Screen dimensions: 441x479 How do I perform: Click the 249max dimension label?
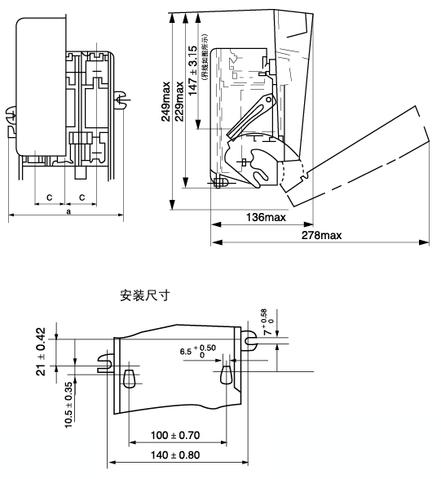(x=165, y=101)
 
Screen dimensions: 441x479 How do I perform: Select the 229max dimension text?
(x=179, y=101)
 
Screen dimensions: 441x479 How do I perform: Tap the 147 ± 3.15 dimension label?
(x=193, y=71)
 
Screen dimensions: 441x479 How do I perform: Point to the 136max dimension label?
(x=266, y=217)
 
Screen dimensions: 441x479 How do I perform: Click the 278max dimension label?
(x=321, y=235)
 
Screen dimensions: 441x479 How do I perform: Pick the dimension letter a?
(x=68, y=211)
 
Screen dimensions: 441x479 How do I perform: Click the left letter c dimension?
(x=49, y=197)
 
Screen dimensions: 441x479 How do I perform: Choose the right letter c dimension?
(x=82, y=197)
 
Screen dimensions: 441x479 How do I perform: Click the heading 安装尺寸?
(x=145, y=295)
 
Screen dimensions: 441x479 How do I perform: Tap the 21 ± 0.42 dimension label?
(x=41, y=352)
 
